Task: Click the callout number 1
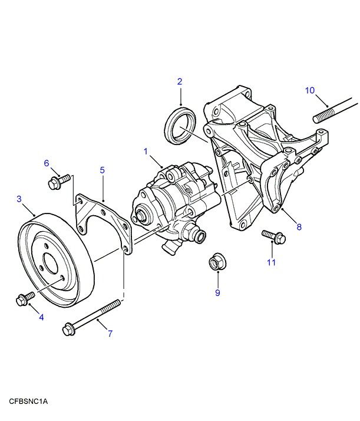145,152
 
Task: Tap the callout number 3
19,199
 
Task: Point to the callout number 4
41,317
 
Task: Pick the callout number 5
102,170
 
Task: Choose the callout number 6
47,163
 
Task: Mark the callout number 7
110,334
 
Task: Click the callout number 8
299,226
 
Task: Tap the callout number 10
310,90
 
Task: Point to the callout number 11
270,262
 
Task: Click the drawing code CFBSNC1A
28,402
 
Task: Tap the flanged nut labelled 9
216,262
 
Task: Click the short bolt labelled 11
273,236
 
